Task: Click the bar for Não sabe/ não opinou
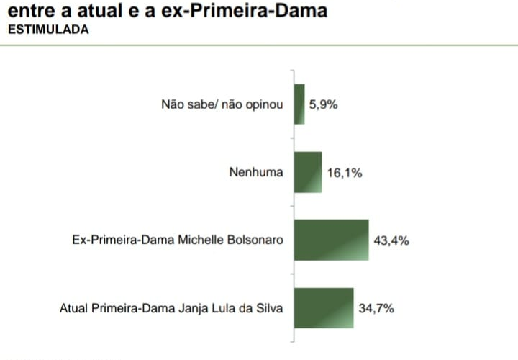(299, 104)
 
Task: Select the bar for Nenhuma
(307, 172)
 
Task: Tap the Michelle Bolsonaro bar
(331, 240)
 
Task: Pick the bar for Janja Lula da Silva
(323, 308)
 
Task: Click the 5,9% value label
(323, 104)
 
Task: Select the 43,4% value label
(391, 240)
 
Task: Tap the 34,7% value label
(376, 308)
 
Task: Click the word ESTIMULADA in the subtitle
(48, 30)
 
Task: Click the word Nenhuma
(256, 173)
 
